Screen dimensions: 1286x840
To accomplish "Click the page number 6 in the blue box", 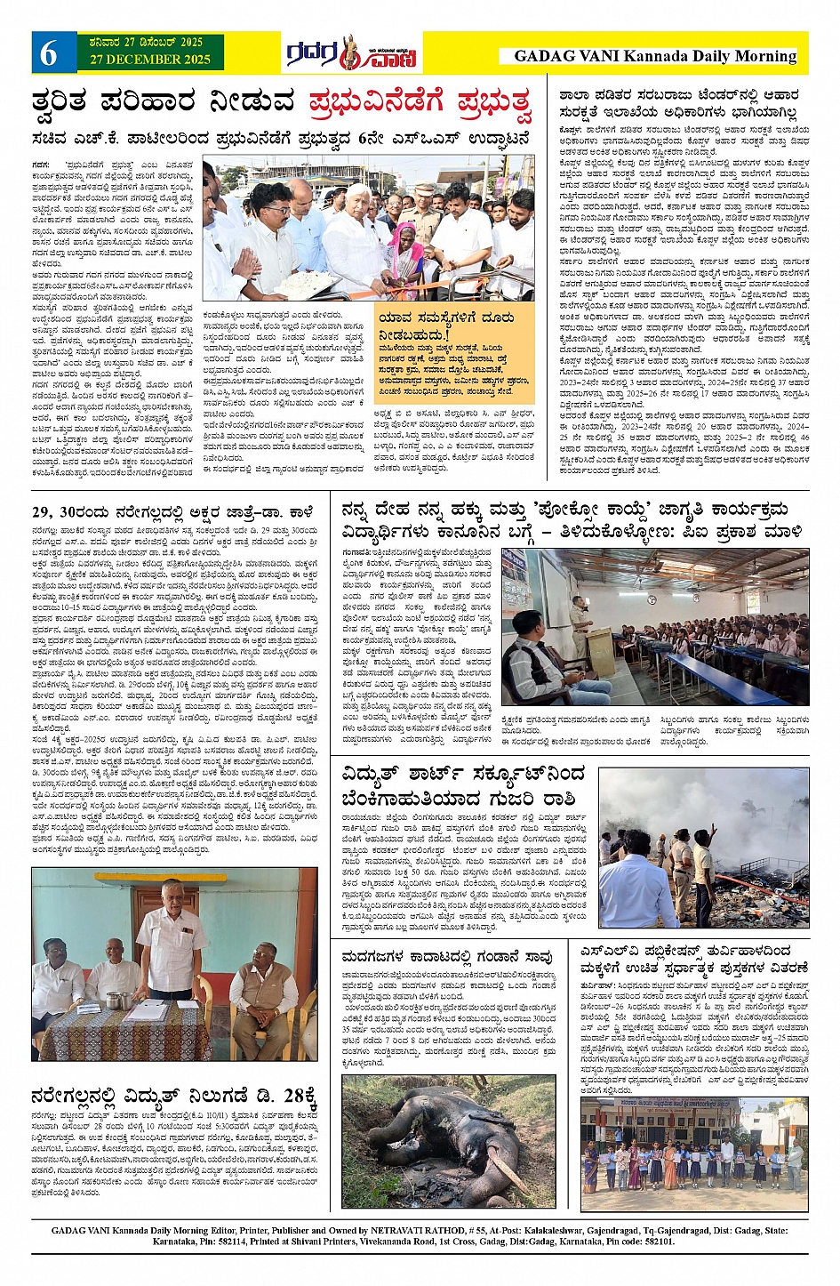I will (49, 54).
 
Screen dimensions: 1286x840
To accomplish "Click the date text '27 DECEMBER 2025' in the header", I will (144, 60).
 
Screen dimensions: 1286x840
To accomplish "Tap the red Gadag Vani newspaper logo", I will (351, 54).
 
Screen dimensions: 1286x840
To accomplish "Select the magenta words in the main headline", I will (420, 103).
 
